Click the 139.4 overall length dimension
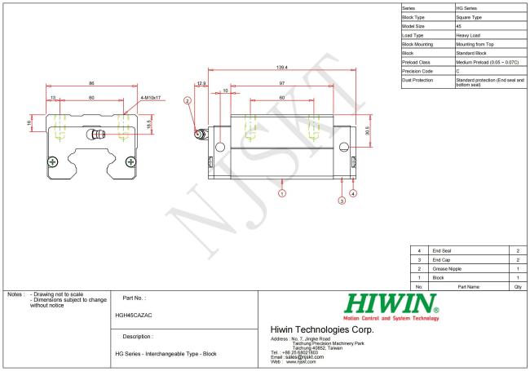point(281,67)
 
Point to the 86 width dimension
point(91,83)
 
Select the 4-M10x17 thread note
point(152,98)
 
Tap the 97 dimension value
point(281,83)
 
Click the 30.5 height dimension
point(368,130)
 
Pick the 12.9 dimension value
point(201,83)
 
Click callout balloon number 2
point(188,101)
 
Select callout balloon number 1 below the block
point(282,193)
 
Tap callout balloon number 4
point(353,193)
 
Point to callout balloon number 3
point(342,201)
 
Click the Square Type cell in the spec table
point(469,16)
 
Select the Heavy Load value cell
point(468,35)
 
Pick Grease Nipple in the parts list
point(448,268)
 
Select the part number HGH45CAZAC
point(135,314)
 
